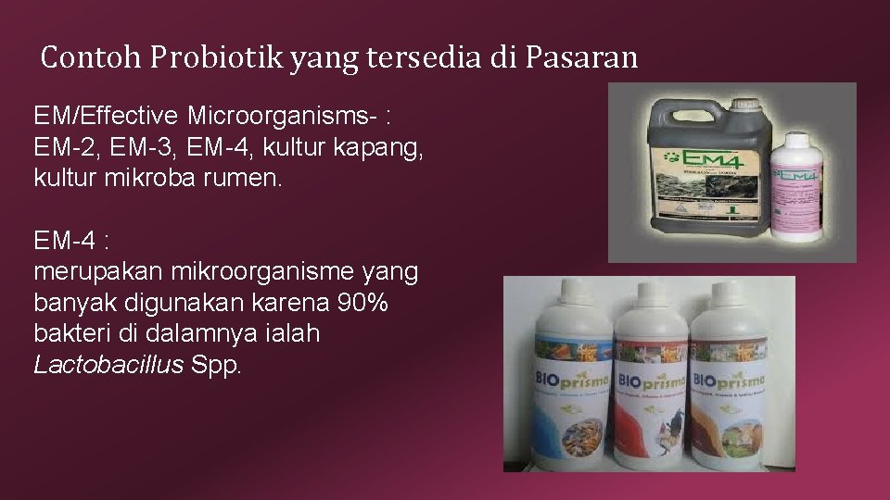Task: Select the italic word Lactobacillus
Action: click(108, 364)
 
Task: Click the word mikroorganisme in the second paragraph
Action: click(254, 272)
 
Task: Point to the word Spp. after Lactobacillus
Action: click(216, 364)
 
